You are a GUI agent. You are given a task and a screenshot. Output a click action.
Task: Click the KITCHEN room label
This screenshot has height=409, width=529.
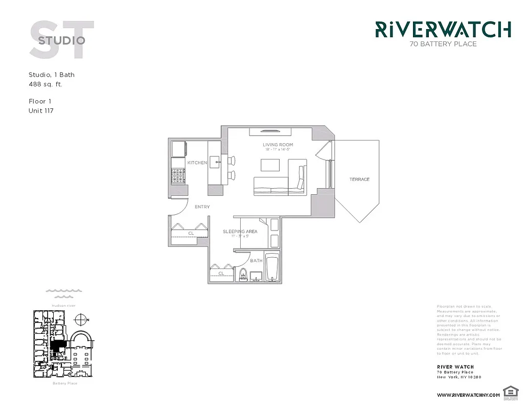[x=197, y=163]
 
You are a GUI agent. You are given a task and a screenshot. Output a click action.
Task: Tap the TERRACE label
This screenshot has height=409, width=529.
[x=359, y=179]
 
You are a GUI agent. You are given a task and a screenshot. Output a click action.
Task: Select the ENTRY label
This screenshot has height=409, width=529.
[x=202, y=207]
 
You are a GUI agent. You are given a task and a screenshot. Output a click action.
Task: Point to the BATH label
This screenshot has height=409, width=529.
[x=256, y=261]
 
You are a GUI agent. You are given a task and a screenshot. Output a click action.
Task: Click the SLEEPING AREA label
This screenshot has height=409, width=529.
[x=240, y=232]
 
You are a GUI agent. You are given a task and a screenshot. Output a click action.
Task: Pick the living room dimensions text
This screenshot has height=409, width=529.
[x=278, y=150]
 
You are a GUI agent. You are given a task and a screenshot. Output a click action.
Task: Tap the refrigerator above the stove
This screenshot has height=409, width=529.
[x=178, y=148]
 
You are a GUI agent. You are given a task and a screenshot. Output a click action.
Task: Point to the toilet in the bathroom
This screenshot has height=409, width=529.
[x=243, y=275]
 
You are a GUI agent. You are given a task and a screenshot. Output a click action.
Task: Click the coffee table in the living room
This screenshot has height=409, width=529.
[x=270, y=165]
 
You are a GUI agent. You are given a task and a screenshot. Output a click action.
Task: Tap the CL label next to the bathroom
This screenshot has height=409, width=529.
[x=221, y=274]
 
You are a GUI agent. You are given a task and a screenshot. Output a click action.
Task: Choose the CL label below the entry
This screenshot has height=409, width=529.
[x=191, y=234]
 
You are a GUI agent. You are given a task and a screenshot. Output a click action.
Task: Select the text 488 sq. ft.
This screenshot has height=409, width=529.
[x=45, y=84]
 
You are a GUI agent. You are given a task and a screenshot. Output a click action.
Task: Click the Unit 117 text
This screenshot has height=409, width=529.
[x=41, y=110]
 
